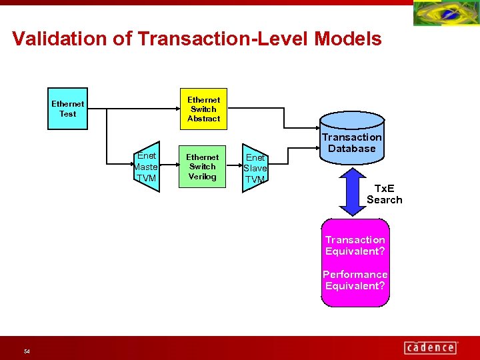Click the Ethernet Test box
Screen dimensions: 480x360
(68, 109)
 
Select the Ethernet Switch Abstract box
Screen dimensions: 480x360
(203, 109)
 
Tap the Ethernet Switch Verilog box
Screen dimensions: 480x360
(203, 167)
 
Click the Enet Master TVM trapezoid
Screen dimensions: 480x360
(146, 167)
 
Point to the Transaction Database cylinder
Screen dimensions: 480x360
(352, 137)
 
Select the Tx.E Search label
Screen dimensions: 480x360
(385, 194)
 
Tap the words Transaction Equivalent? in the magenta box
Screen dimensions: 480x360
(355, 245)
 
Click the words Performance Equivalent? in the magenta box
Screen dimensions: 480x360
(355, 280)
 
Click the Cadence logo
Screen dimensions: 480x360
(431, 347)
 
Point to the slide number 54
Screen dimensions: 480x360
(27, 351)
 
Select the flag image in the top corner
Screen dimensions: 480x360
(446, 13)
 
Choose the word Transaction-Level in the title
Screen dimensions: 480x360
(223, 39)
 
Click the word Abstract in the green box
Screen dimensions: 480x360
(203, 119)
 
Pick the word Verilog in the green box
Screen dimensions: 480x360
(203, 177)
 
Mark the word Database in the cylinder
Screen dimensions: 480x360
(352, 149)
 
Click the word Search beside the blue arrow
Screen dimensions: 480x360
(385, 200)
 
